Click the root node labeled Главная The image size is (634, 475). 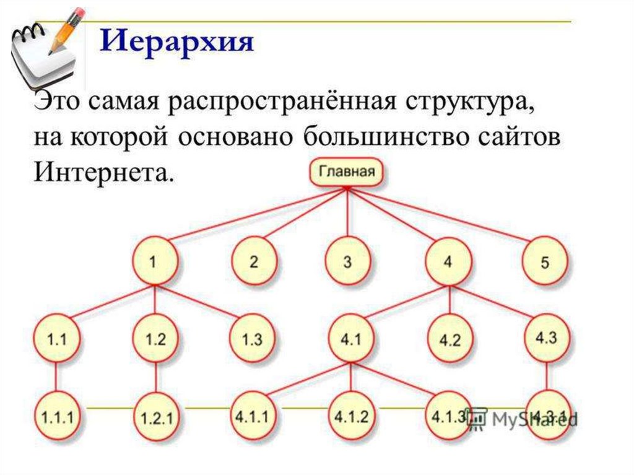[x=346, y=171]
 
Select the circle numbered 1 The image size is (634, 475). [x=153, y=261]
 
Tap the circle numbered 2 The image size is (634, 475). [x=254, y=261]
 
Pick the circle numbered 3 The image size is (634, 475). [x=347, y=261]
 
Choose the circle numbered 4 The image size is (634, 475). [x=448, y=261]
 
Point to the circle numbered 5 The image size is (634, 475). [x=544, y=262]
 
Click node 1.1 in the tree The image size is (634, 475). [x=58, y=339]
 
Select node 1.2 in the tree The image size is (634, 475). [x=155, y=339]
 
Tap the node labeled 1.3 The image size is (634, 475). [x=253, y=339]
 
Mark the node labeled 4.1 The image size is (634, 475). [x=350, y=339]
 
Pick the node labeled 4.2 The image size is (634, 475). [x=449, y=340]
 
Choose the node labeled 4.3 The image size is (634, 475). [x=545, y=338]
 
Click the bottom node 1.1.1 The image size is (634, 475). [x=58, y=416]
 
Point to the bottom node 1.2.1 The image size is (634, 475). [x=155, y=417]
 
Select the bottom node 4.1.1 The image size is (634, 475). [x=253, y=415]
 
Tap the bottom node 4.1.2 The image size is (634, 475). [x=350, y=415]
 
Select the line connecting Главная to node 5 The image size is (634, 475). [x=446, y=216]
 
